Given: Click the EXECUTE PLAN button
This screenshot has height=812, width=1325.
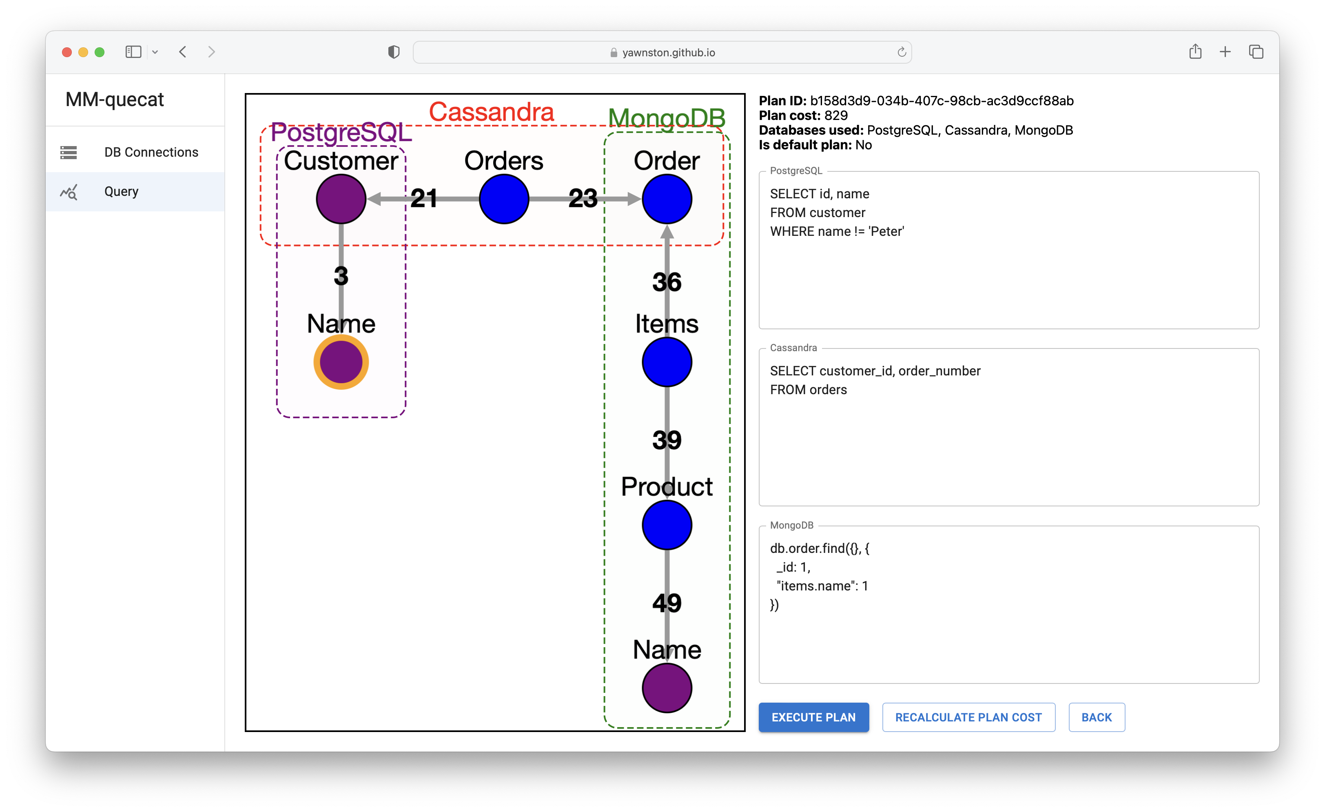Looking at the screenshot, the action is point(813,717).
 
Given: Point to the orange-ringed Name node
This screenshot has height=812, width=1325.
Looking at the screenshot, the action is point(341,362).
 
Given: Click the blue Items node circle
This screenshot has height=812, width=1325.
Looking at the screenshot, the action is point(667,362).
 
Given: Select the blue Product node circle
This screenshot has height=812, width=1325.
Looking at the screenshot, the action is point(667,525).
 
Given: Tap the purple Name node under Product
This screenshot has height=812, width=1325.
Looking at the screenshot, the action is point(667,688).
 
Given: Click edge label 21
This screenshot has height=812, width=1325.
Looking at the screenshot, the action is point(424,198).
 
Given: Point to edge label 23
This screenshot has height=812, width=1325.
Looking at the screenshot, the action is point(583,198).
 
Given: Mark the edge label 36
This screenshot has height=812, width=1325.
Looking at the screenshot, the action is point(667,282).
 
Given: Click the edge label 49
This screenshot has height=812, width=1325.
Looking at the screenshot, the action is point(667,603).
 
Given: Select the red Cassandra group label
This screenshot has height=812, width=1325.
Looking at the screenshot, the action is point(491,112).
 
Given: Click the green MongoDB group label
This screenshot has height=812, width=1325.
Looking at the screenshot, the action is point(667,118).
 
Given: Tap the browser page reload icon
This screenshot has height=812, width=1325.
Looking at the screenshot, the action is point(902,52).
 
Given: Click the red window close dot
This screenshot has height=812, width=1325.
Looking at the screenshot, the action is point(66,52).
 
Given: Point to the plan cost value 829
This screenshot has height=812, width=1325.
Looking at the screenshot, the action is point(836,115).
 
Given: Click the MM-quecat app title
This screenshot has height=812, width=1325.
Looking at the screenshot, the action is point(115,100).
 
